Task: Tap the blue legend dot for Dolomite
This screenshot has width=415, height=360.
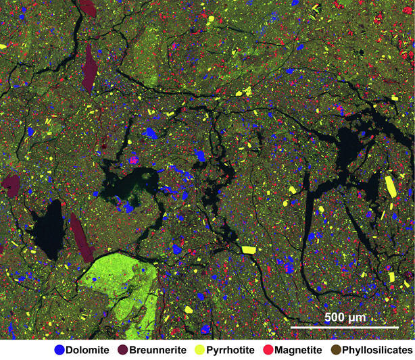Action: pyautogui.click(x=60, y=350)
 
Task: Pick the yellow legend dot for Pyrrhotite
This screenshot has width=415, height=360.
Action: pyautogui.click(x=199, y=350)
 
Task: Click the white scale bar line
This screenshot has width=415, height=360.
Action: pyautogui.click(x=345, y=328)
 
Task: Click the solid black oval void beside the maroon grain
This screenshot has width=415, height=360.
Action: pyautogui.click(x=46, y=230)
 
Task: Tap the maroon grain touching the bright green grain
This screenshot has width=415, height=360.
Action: pyautogui.click(x=81, y=238)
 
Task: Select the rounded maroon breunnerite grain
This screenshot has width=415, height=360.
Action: pyautogui.click(x=10, y=182)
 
